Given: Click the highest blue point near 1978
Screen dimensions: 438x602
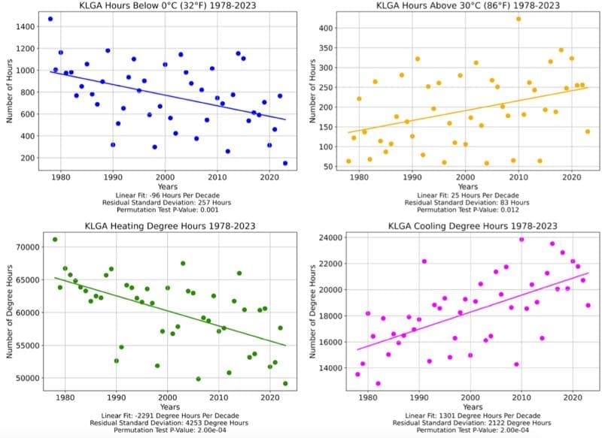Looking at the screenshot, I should coord(50,19).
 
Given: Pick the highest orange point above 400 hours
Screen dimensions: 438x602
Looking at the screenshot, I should coord(518,19).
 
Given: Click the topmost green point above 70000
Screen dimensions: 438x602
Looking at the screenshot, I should coord(55,240).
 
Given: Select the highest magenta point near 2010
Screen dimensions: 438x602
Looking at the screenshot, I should coord(521,240).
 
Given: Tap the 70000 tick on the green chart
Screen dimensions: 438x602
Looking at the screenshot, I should coord(28,246).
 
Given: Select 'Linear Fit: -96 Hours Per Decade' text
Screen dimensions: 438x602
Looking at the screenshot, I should coord(166,195).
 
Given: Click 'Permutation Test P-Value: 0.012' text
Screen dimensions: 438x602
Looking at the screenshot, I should coord(467,210).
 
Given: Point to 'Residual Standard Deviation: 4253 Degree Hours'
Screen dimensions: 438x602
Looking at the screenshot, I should coord(166,423).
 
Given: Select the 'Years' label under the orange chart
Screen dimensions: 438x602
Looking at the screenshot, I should coord(467,185).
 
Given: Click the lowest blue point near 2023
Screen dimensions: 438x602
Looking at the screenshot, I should coord(285,163).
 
